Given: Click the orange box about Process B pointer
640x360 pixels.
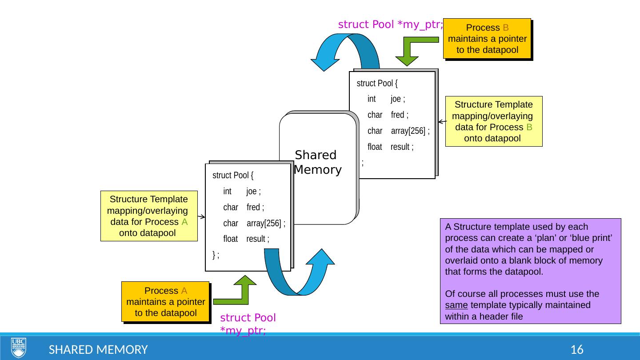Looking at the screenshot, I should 487,39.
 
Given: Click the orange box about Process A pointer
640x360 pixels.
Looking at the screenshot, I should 165,302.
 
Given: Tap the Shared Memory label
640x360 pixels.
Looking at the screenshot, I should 317,163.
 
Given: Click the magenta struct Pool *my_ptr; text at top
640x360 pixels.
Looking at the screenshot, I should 390,24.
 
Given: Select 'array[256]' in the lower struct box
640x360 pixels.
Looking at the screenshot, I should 265,223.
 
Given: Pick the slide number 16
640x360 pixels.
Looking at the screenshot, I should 577,350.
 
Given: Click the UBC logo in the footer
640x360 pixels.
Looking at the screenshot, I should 19,348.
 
